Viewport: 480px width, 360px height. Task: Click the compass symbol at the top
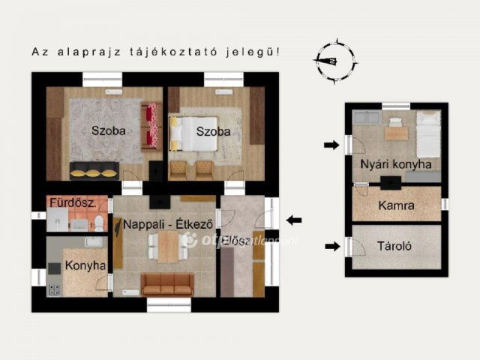335,61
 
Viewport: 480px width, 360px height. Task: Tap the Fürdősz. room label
72,202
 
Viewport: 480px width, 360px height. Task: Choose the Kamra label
397,205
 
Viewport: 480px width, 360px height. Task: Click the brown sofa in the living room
167,283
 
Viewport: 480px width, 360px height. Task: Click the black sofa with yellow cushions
94,169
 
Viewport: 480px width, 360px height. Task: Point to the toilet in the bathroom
98,221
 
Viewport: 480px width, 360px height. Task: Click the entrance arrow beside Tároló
331,245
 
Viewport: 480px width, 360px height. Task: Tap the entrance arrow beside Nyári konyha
331,145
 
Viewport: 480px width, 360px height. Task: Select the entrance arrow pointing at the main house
294,220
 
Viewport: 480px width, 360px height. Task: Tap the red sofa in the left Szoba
151,125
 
